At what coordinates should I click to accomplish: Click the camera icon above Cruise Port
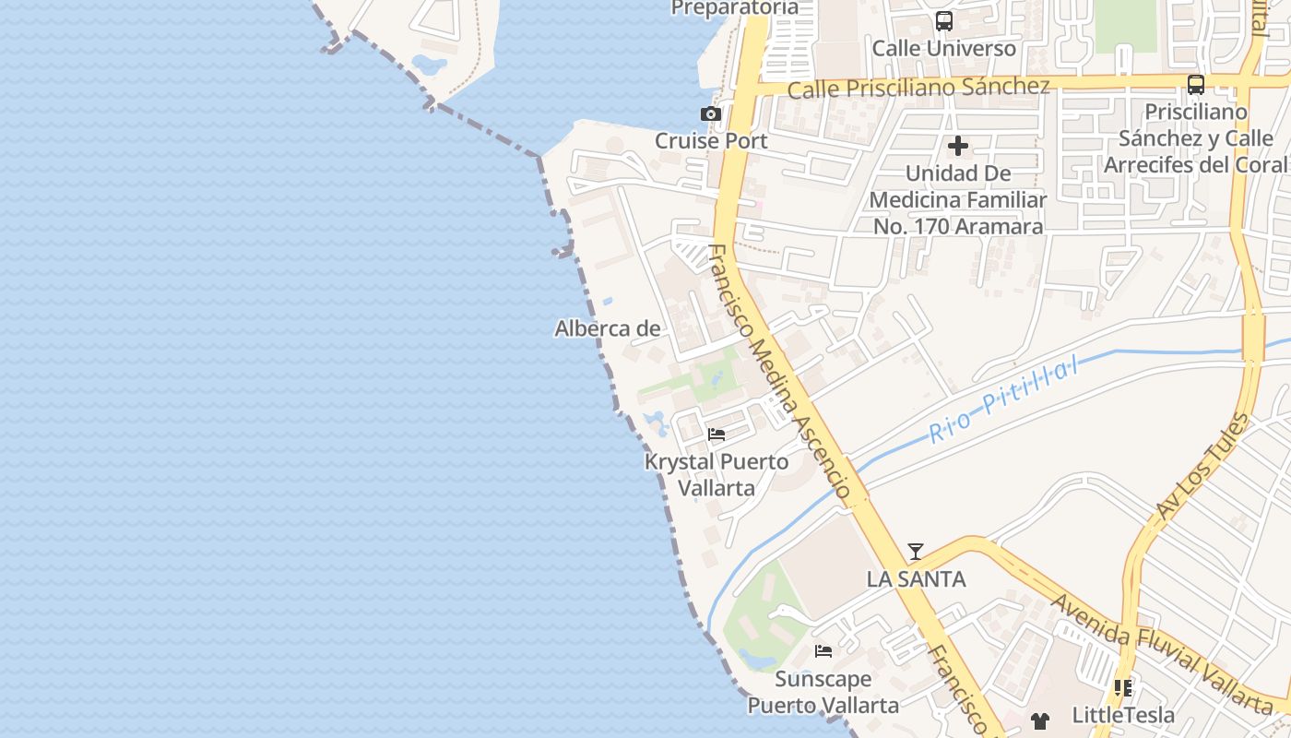click(x=710, y=114)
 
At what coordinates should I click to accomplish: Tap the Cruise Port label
click(x=710, y=141)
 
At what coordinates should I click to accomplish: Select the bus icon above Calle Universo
click(x=943, y=21)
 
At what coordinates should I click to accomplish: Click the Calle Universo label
click(x=943, y=48)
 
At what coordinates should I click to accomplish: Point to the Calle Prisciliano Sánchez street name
click(x=918, y=88)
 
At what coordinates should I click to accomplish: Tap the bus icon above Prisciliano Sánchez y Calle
click(x=1196, y=85)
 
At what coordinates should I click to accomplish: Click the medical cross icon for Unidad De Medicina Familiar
click(x=958, y=146)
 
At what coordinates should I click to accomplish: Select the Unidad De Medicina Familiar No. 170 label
click(x=957, y=199)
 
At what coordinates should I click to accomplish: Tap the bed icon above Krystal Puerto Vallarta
click(x=717, y=434)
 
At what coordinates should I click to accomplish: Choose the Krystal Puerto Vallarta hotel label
click(x=717, y=474)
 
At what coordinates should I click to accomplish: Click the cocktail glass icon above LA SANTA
click(x=916, y=552)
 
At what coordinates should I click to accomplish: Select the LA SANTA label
click(x=916, y=579)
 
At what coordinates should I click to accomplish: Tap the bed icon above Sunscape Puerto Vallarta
click(x=823, y=651)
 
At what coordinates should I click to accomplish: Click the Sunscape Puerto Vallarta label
click(x=823, y=692)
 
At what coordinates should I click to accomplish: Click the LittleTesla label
click(x=1123, y=715)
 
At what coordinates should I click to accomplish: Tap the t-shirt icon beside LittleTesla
click(x=1040, y=720)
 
